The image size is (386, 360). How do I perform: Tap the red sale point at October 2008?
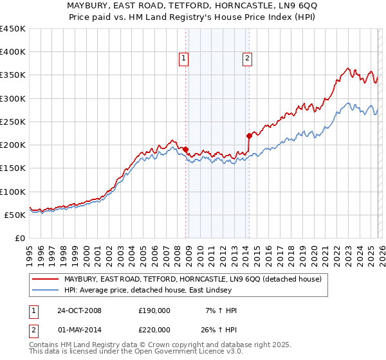click(186, 150)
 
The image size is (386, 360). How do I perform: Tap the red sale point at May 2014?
click(249, 136)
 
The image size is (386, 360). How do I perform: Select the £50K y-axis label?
click(15, 215)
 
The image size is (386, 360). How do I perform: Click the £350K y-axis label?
click(12, 75)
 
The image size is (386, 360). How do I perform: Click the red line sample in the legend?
click(45, 279)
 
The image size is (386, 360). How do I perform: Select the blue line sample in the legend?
click(45, 291)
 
